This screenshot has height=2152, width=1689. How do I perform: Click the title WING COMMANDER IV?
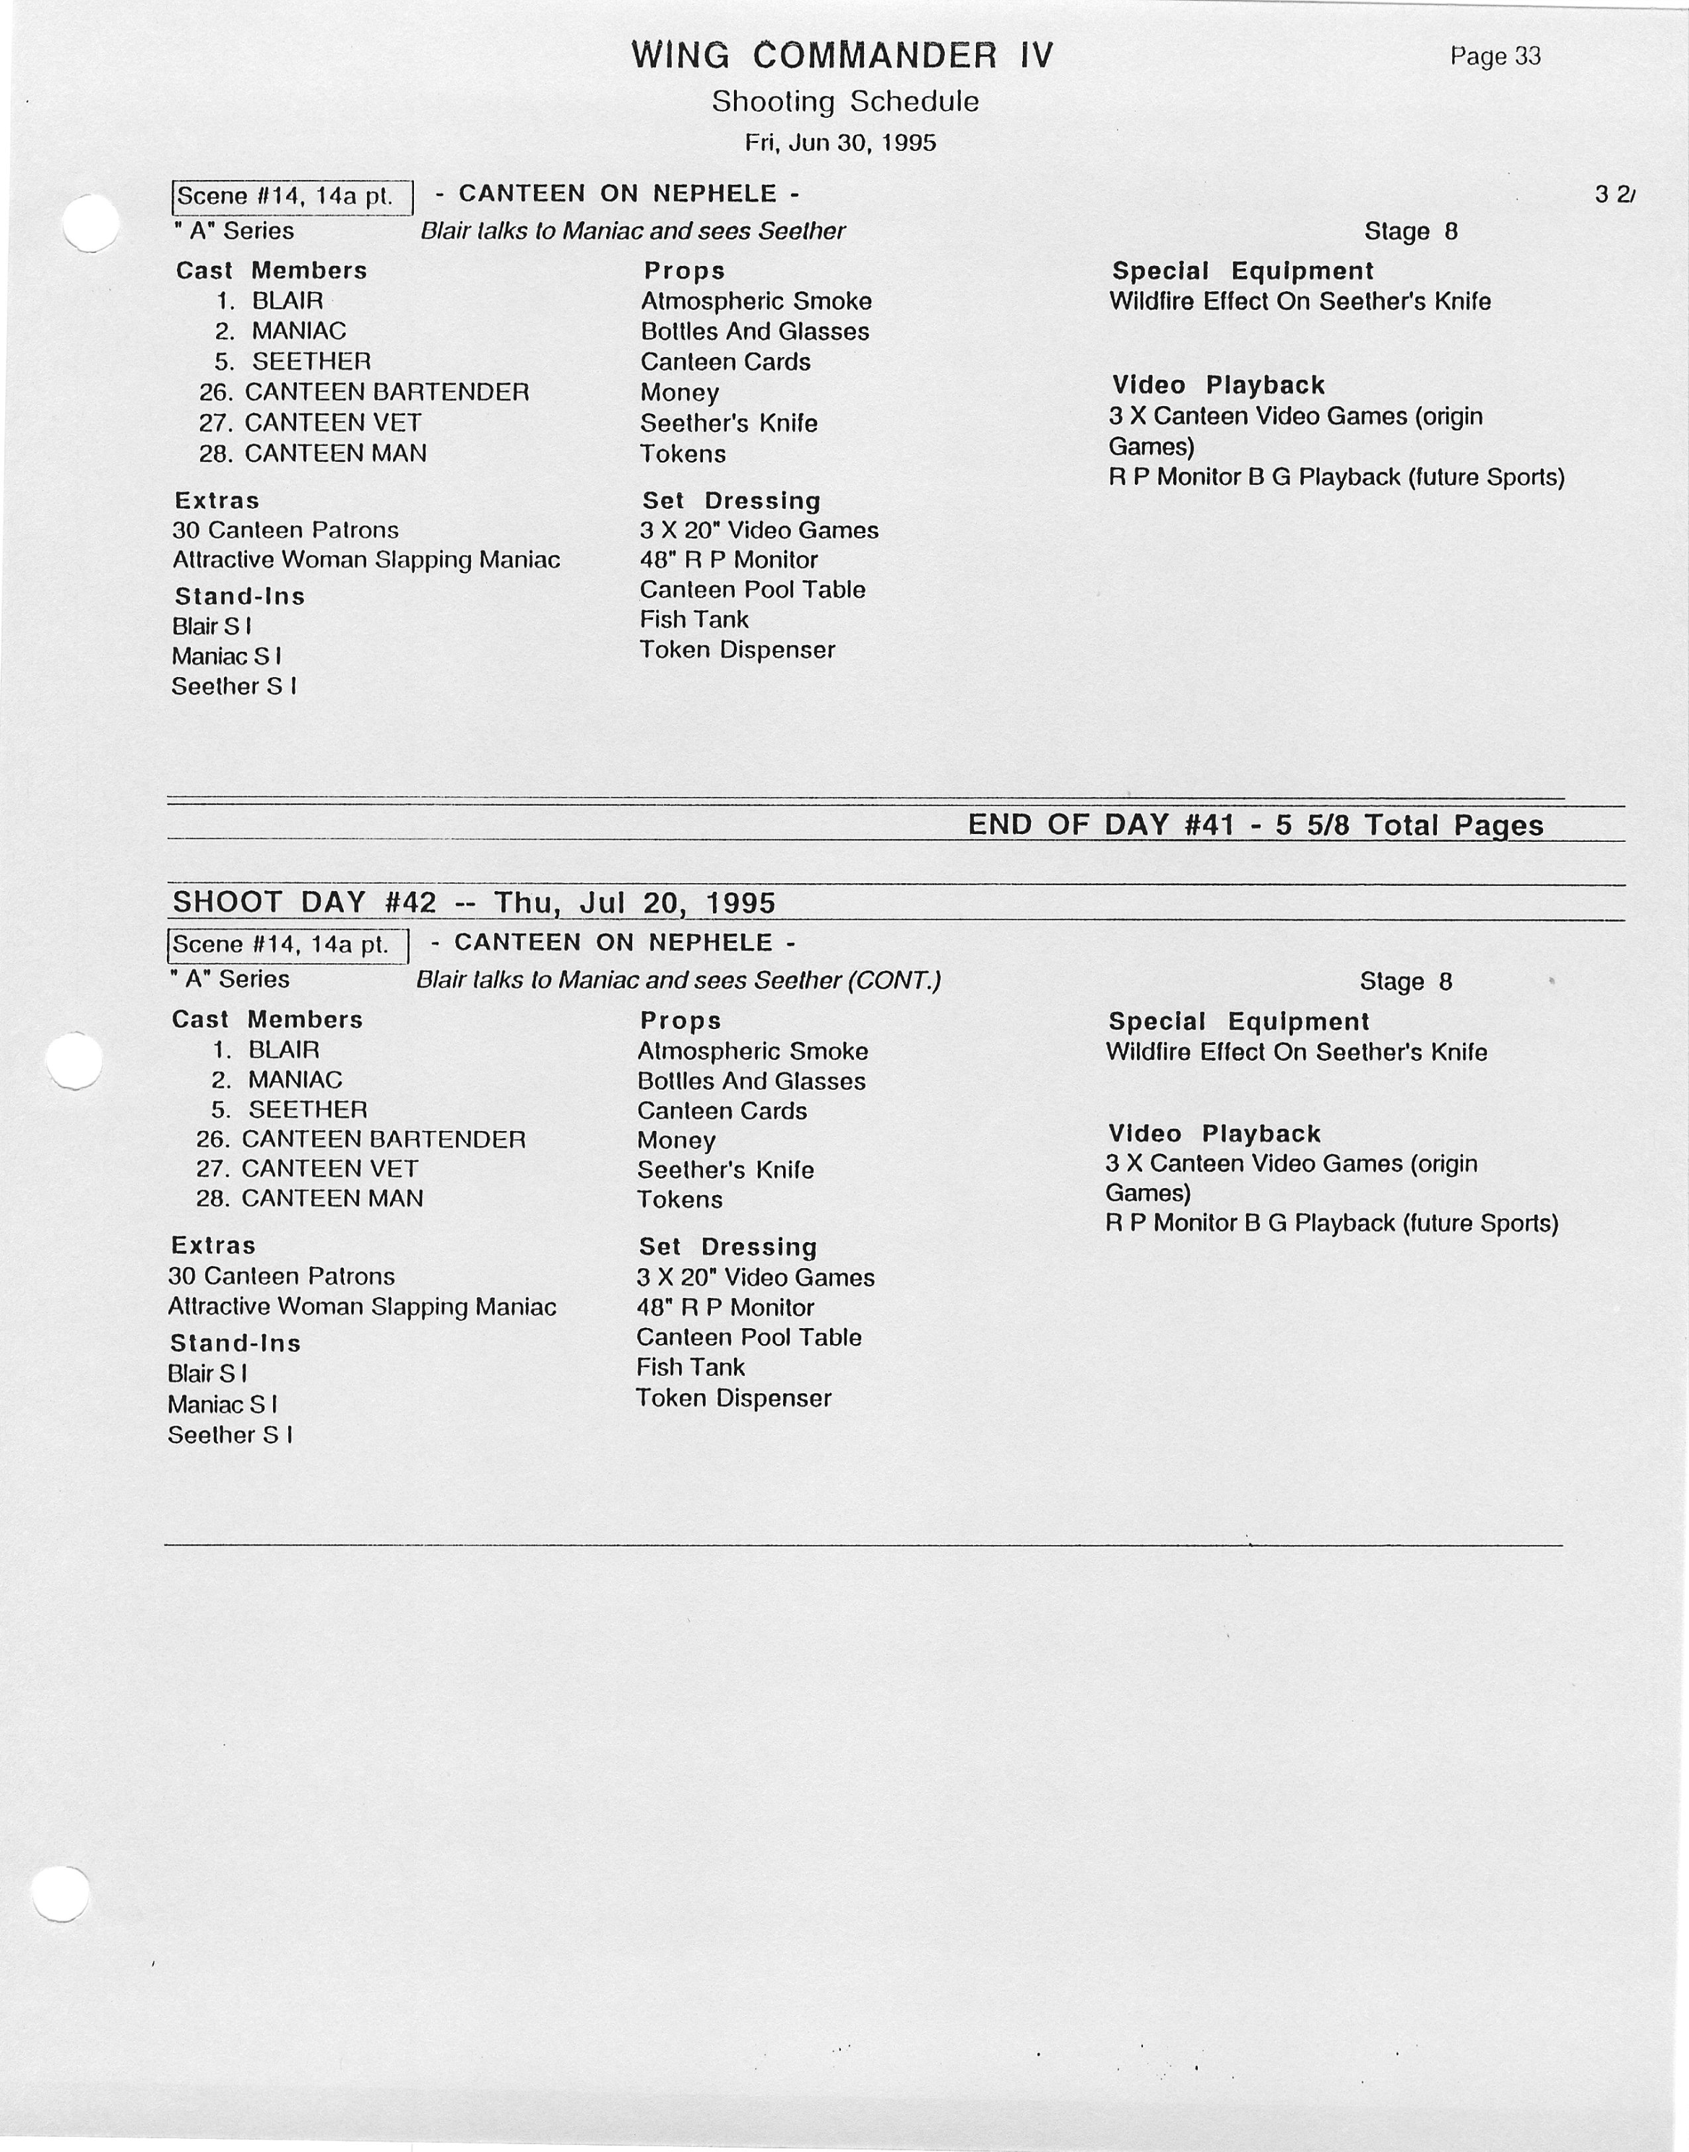click(x=842, y=56)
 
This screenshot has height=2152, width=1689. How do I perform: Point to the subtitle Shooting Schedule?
click(x=844, y=102)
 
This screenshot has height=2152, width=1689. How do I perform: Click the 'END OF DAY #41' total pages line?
click(x=1254, y=825)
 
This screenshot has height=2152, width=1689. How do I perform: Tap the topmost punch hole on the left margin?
click(x=90, y=223)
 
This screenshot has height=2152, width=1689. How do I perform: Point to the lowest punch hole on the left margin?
click(x=61, y=1893)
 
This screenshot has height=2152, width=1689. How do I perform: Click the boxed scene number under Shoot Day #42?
click(x=288, y=944)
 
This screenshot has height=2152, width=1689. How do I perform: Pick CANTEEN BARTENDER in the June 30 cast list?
click(x=386, y=392)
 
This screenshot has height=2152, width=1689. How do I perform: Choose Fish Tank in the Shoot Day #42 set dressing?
click(x=690, y=1366)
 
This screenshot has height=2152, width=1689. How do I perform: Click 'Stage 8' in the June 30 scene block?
click(x=1410, y=231)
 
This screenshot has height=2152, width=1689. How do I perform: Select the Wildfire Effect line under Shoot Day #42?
click(x=1295, y=1051)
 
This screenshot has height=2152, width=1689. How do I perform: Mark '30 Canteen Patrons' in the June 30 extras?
click(x=285, y=530)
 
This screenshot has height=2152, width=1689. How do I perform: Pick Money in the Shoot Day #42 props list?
click(x=675, y=1140)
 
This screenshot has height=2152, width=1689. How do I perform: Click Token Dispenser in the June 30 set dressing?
click(x=737, y=650)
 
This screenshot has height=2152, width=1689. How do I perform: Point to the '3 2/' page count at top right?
click(x=1614, y=195)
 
